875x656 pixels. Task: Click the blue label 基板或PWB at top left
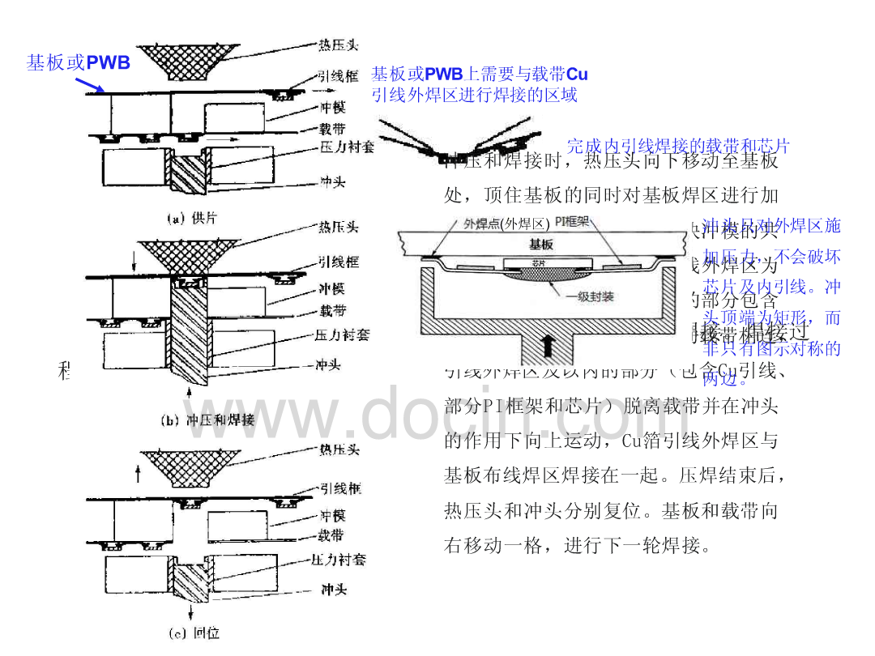click(x=79, y=62)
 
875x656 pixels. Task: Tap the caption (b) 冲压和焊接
click(x=209, y=420)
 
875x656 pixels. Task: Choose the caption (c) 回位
click(x=194, y=633)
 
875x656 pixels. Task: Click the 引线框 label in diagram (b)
click(x=339, y=262)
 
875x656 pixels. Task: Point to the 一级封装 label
click(x=591, y=297)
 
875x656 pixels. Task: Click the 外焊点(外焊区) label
click(x=506, y=223)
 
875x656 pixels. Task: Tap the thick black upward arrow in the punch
click(x=550, y=344)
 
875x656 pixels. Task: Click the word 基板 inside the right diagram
click(x=540, y=242)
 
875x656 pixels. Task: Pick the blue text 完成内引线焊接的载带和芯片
click(x=677, y=146)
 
